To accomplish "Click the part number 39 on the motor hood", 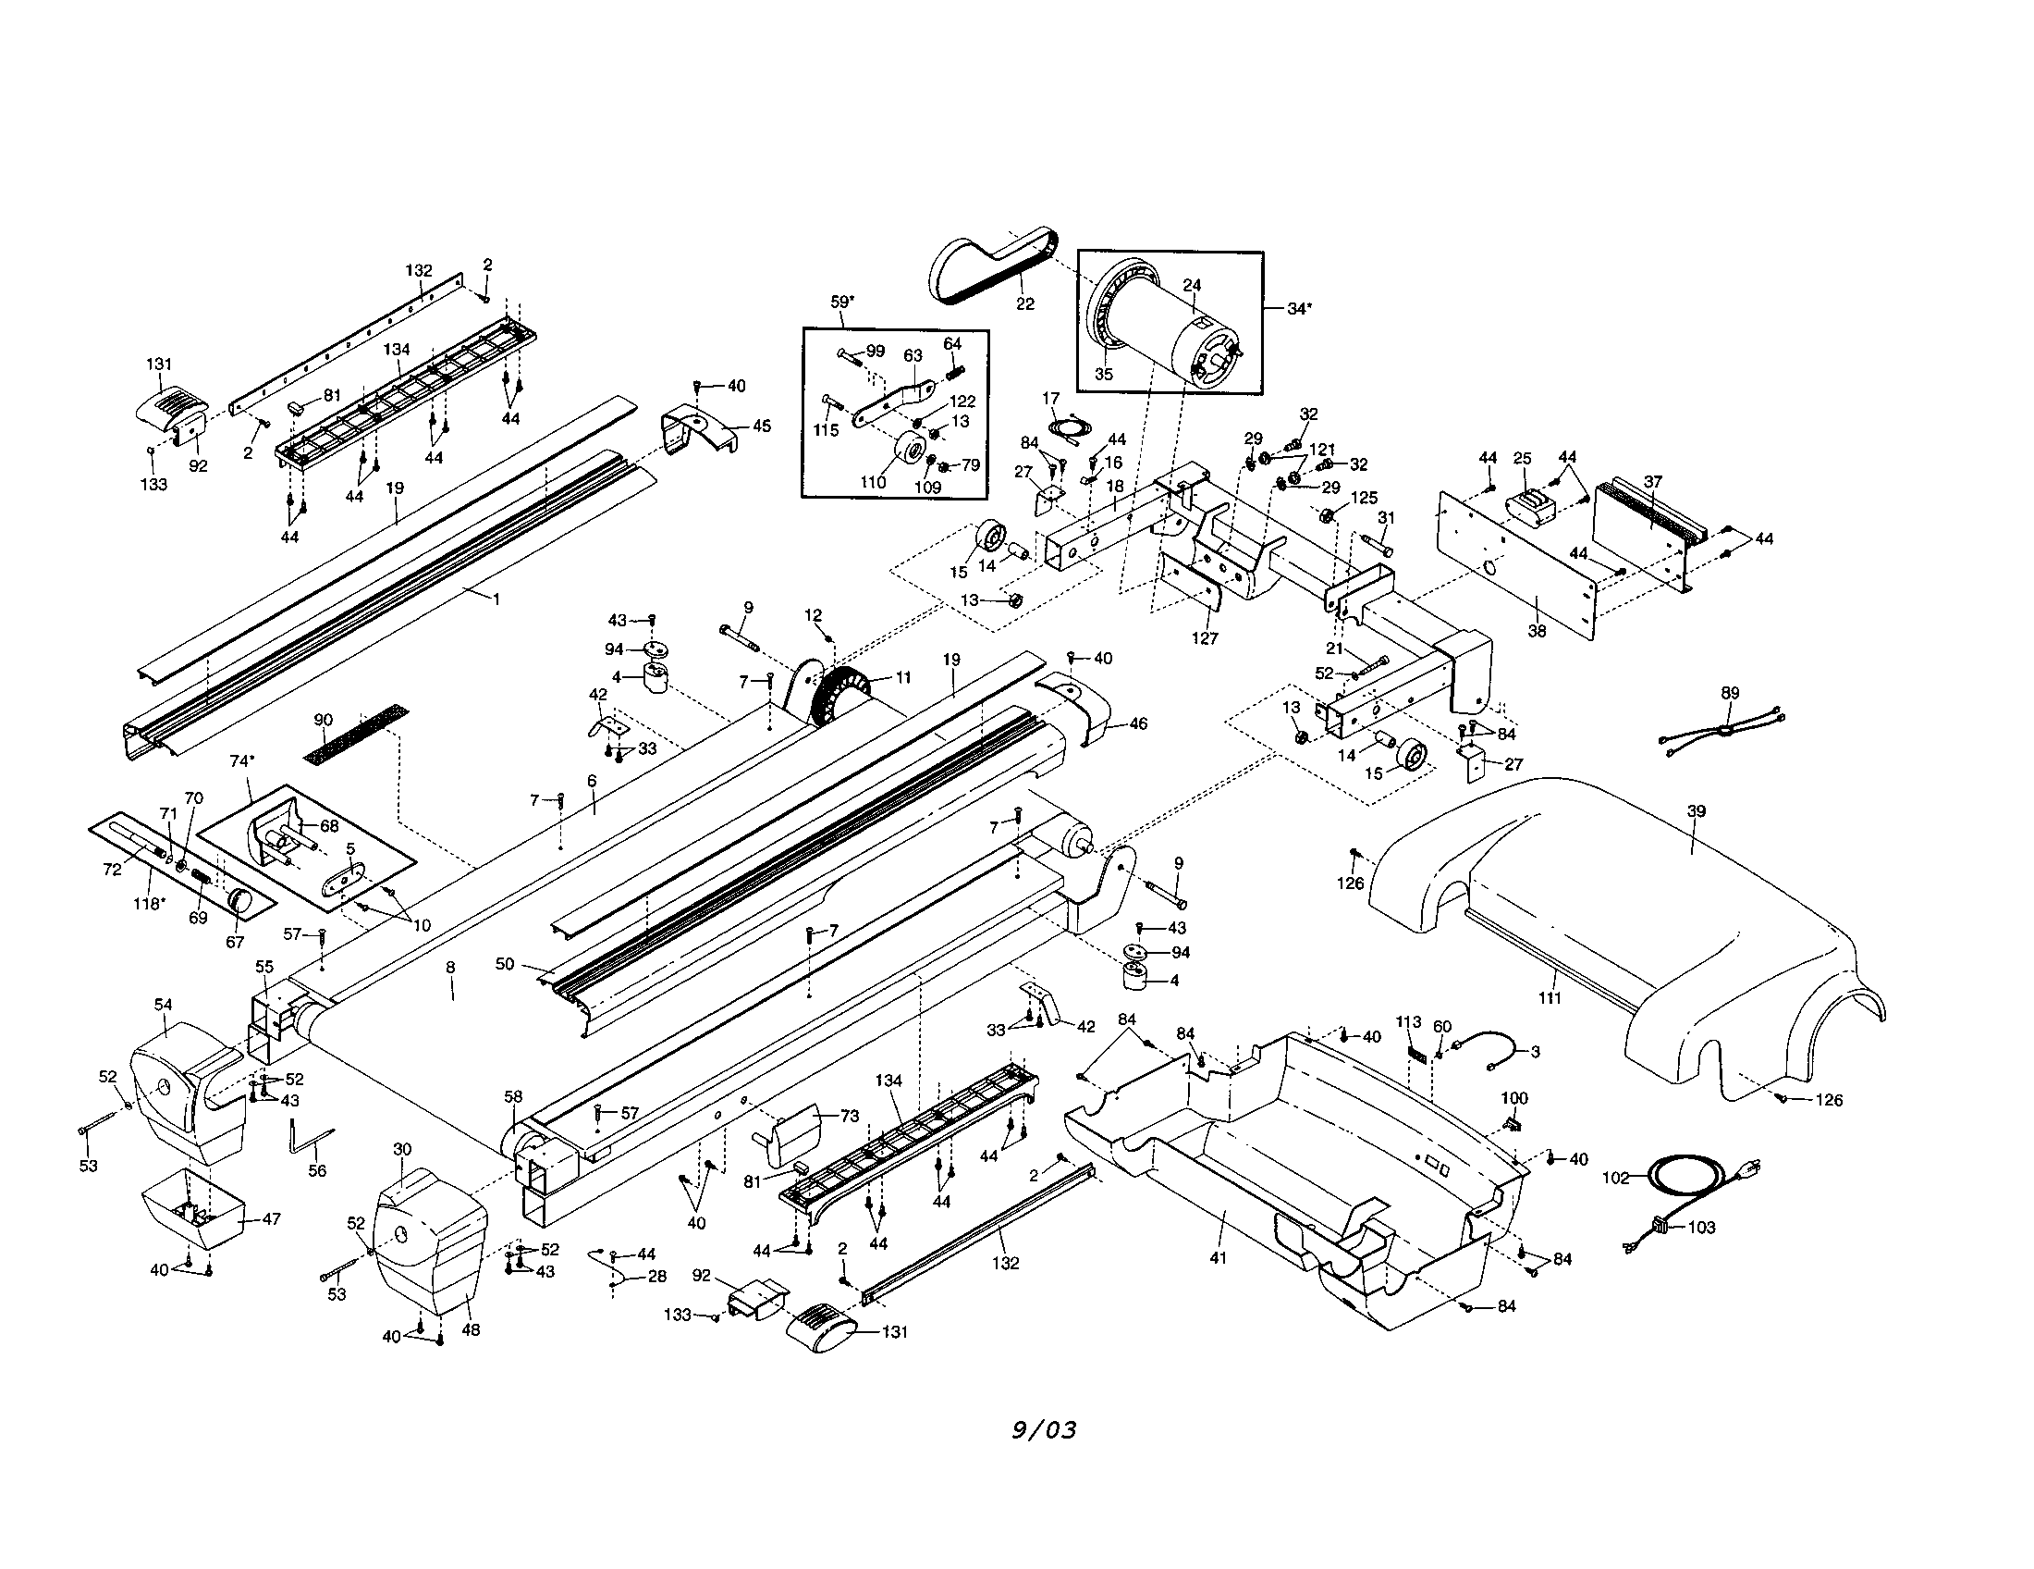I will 1696,811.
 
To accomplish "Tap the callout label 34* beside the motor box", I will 1297,308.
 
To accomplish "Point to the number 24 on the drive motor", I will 1192,286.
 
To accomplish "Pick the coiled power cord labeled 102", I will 1676,1176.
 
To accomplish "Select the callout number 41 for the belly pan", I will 1218,1258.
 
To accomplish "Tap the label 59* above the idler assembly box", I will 842,303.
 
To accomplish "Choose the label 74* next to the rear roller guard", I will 241,761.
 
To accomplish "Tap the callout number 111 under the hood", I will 1549,997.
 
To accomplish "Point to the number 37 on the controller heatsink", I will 1652,483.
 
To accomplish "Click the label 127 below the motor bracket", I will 1205,639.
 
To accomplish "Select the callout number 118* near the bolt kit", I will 149,904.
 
